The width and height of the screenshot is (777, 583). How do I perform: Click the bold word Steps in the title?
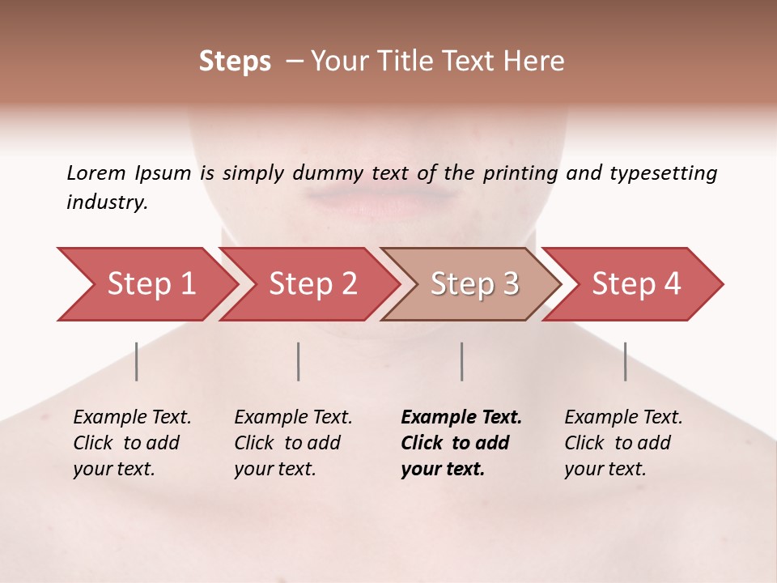[x=235, y=62]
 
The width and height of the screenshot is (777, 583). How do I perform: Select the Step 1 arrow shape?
[x=146, y=284]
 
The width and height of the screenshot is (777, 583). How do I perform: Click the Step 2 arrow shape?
[x=309, y=284]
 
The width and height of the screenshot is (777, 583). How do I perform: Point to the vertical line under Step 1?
[x=137, y=361]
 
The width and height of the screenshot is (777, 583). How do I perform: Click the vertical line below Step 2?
[x=299, y=361]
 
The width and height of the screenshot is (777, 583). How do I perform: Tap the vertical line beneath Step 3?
[x=462, y=361]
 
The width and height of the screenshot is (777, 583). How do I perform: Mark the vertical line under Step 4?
[x=626, y=361]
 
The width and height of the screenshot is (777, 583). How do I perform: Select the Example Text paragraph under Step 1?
[x=131, y=443]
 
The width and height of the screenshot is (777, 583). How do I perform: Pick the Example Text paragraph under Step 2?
[x=292, y=443]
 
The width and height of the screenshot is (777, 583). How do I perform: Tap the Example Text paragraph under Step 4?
[x=622, y=443]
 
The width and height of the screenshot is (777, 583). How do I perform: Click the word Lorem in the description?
[x=96, y=173]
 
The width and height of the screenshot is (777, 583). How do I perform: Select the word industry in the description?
[x=106, y=202]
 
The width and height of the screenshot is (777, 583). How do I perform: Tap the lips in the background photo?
[x=380, y=198]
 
